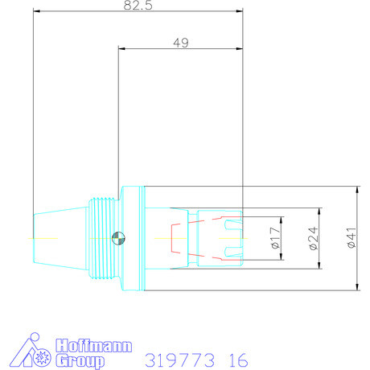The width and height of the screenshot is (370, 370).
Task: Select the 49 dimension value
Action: point(181,42)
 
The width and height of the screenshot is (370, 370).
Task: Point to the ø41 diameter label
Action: point(350,239)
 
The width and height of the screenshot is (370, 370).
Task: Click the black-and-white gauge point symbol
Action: point(118,238)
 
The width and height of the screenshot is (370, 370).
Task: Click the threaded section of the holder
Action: point(101,238)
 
